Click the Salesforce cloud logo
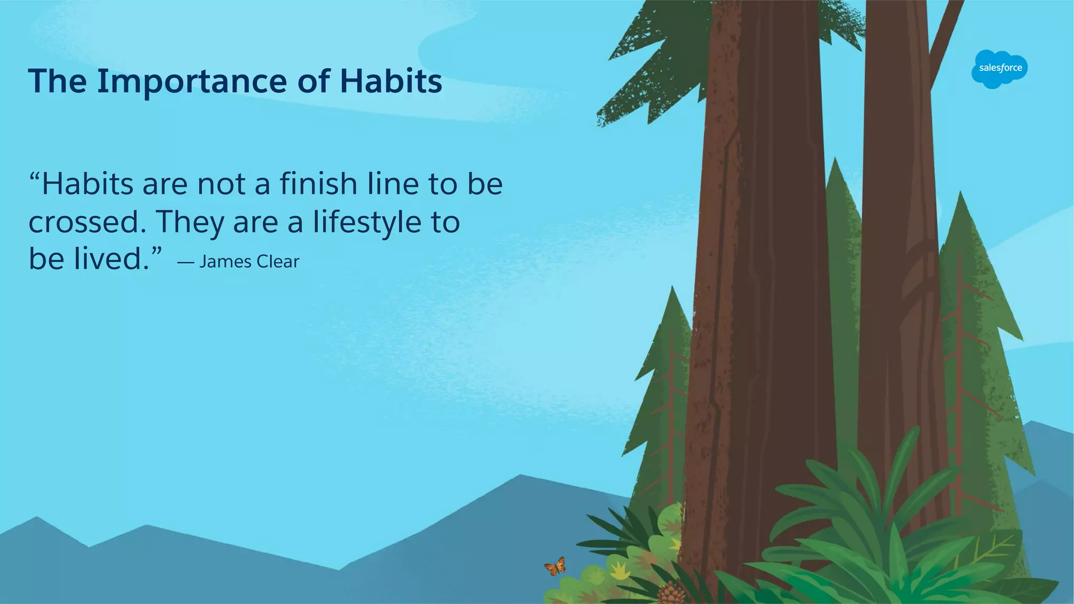tap(1000, 69)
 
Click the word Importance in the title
tap(192, 82)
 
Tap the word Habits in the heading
tap(391, 82)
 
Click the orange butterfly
tap(555, 566)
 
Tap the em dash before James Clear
tap(186, 262)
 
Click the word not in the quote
tap(221, 184)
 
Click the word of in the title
tap(314, 82)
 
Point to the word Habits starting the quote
tap(88, 184)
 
